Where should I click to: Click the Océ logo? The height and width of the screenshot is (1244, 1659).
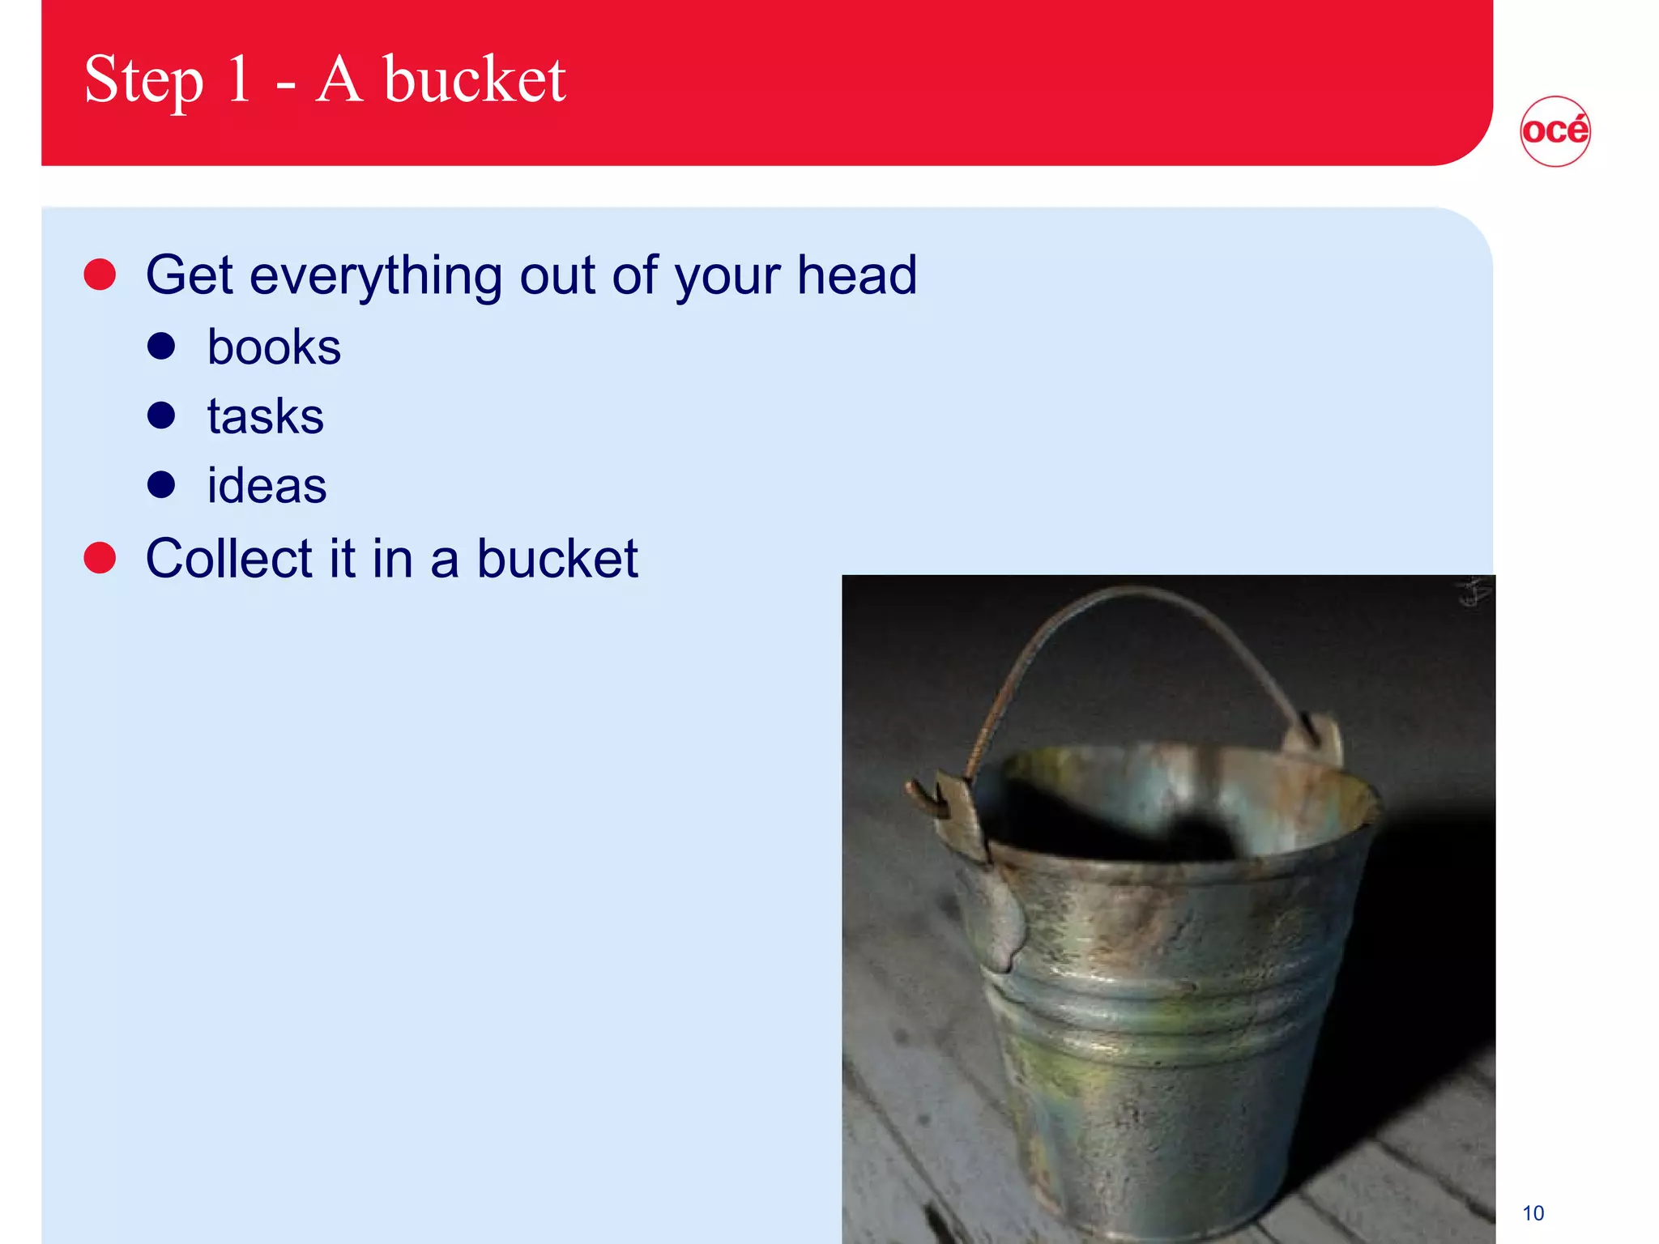[x=1555, y=131]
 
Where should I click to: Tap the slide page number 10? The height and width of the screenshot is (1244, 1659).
[x=1533, y=1213]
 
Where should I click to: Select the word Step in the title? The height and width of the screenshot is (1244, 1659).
[x=143, y=81]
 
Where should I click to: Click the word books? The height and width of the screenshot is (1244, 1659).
[x=274, y=347]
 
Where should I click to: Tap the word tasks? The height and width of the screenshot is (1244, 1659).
[x=265, y=416]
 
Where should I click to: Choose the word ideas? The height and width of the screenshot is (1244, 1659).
[x=267, y=486]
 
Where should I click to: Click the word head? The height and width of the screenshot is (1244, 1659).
[x=856, y=275]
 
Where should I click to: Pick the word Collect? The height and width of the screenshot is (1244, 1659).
[x=228, y=559]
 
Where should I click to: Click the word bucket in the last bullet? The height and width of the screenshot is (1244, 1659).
[x=557, y=559]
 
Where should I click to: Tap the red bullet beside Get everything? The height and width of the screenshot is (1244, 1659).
[x=100, y=275]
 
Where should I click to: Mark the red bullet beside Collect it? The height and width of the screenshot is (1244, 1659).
[x=100, y=558]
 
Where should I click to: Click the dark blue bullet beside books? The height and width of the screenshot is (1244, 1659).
[x=161, y=347]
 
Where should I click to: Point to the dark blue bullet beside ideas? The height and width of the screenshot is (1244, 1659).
[x=161, y=485]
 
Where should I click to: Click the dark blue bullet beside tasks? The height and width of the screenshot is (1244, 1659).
[x=161, y=415]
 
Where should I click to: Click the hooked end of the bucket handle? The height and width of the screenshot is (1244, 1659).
[x=923, y=798]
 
